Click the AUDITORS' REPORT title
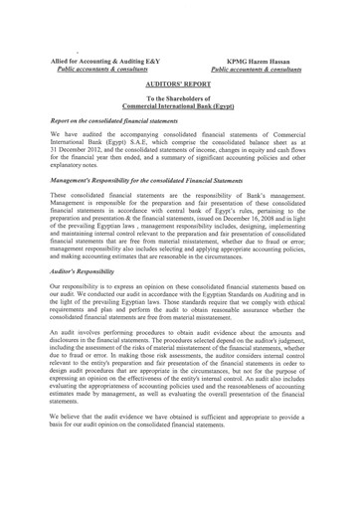click(x=180, y=86)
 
